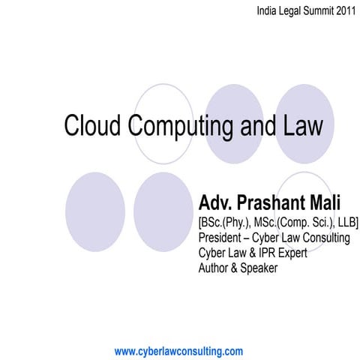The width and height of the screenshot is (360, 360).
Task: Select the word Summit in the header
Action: point(314,11)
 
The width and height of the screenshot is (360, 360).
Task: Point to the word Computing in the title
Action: point(183,127)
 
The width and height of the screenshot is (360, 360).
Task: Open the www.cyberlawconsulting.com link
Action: point(178,351)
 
